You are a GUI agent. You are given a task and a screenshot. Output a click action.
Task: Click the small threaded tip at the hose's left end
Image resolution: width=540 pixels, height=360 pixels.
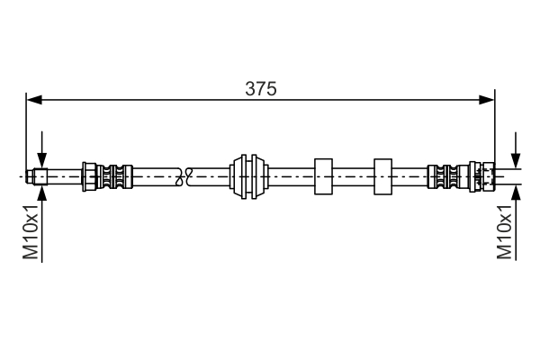41,176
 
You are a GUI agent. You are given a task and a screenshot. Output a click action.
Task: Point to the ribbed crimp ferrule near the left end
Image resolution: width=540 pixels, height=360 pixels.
108,176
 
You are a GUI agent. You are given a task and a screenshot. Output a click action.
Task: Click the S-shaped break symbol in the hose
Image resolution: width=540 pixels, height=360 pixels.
187,176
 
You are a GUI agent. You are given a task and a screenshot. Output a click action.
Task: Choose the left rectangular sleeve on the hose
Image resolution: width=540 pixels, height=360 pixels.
323,176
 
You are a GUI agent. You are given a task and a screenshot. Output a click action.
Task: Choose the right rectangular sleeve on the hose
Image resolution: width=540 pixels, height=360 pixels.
382,176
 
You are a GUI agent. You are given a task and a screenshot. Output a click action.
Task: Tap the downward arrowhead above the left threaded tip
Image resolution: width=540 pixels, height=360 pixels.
41,162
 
